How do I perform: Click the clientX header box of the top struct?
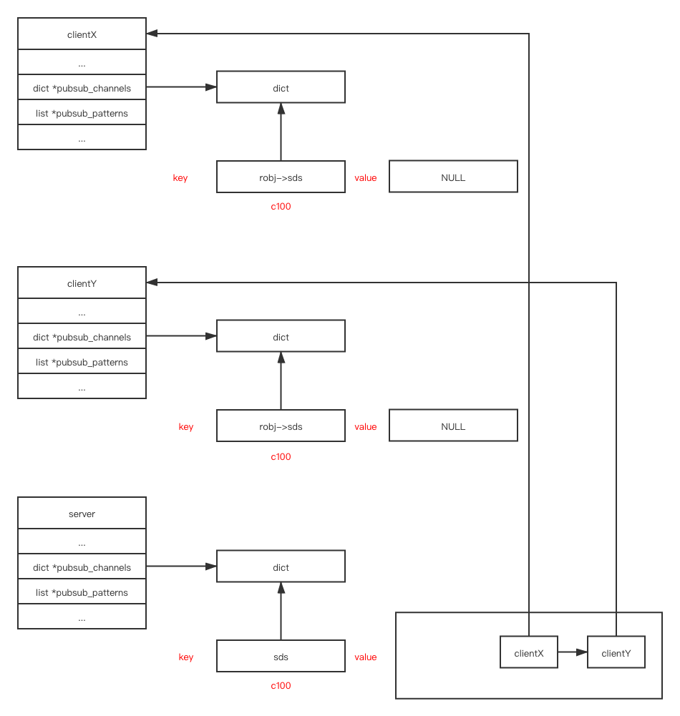82,34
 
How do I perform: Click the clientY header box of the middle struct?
82,283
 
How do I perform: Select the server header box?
82,514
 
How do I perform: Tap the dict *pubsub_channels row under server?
82,567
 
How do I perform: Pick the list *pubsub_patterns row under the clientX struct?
82,113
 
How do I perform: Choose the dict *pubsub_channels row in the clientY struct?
82,337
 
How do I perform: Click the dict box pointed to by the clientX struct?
281,88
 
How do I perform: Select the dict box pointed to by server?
281,567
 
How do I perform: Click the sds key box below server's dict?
281,657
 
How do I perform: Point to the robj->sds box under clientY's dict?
281,426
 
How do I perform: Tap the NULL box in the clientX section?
453,177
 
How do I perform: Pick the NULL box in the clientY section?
453,426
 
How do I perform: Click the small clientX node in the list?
529,653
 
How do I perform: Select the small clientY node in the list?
616,653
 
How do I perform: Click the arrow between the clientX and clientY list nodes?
573,652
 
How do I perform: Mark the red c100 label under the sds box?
281,686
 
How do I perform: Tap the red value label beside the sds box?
365,657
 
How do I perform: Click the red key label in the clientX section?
180,178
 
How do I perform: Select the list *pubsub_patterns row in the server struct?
82,592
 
